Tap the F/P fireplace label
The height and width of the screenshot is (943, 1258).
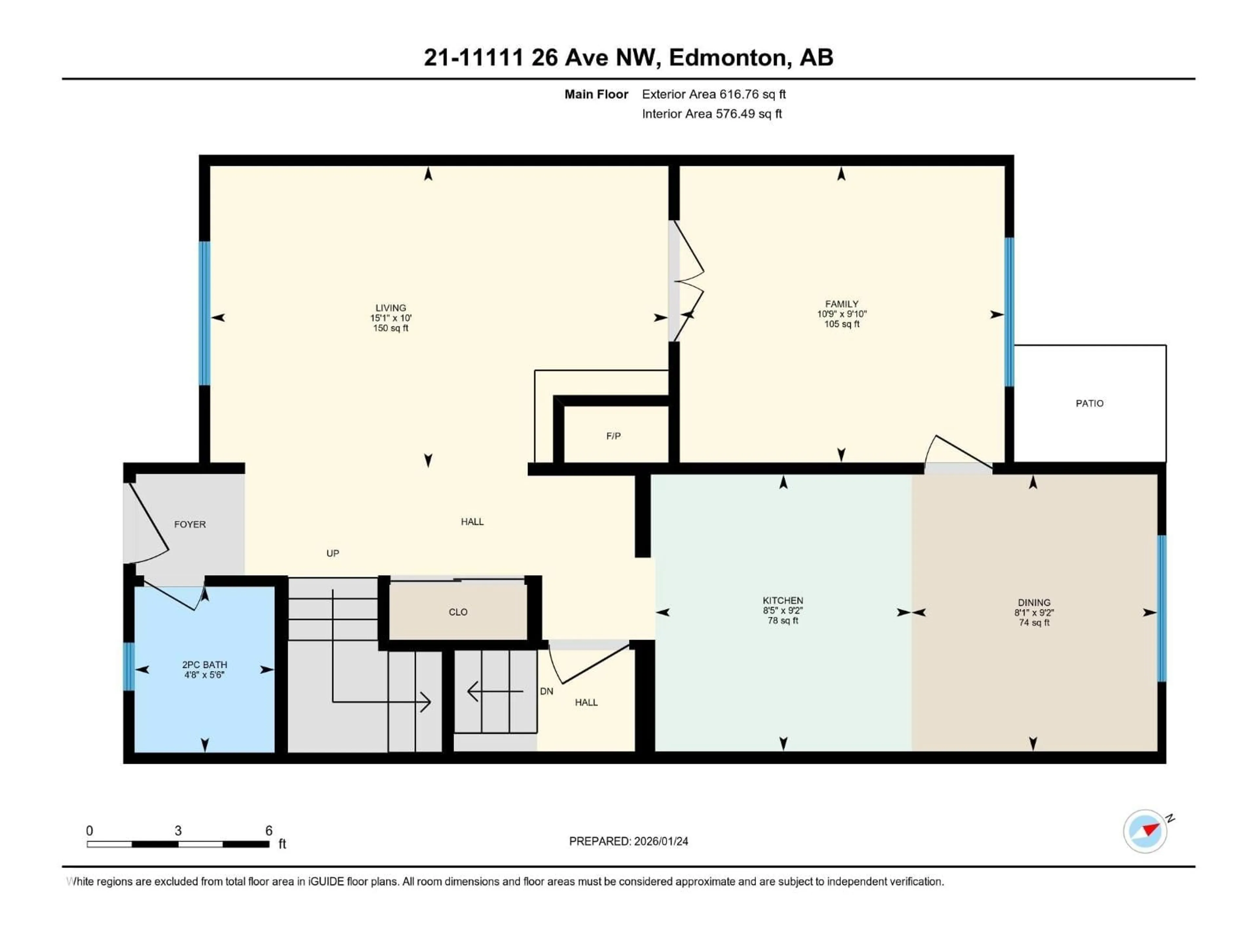(x=613, y=436)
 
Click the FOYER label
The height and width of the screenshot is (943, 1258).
(x=190, y=524)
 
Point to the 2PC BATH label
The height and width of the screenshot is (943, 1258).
(x=204, y=664)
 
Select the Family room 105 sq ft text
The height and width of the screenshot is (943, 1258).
(x=842, y=324)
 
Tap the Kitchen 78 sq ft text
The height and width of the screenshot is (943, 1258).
(x=783, y=621)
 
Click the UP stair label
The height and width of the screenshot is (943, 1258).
(x=333, y=553)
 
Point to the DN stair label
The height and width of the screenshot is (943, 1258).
(x=546, y=691)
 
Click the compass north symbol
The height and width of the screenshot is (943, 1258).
(x=1145, y=831)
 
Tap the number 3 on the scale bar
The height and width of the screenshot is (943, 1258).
(x=178, y=830)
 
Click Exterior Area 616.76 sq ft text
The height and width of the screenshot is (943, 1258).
(x=714, y=94)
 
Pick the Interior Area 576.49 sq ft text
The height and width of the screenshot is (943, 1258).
(x=712, y=114)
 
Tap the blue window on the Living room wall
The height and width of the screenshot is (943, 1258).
(x=204, y=313)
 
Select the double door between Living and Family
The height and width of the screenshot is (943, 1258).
(x=685, y=281)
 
